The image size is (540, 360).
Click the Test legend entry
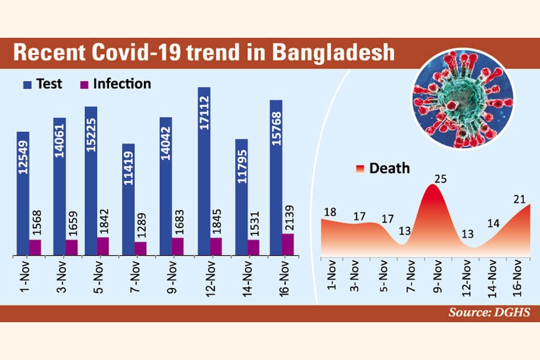(43, 84)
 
